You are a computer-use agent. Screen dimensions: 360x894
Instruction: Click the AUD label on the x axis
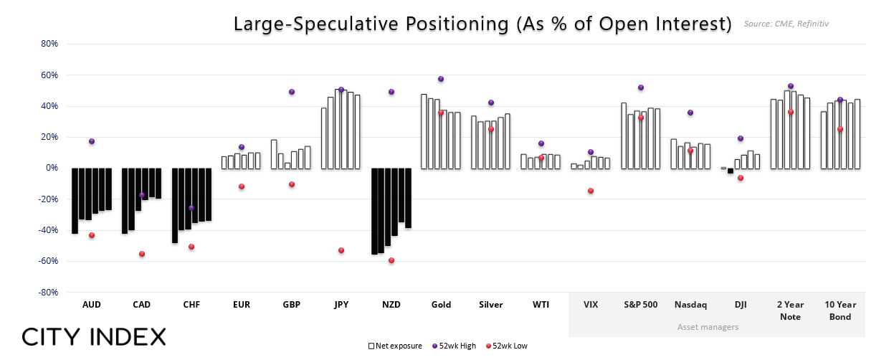(x=92, y=305)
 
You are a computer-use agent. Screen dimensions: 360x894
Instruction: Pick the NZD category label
(x=391, y=305)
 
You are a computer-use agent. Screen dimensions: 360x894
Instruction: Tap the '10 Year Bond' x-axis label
(x=840, y=311)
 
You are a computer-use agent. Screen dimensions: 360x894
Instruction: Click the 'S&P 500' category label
(x=640, y=305)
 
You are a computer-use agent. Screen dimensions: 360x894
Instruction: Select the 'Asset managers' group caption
(x=708, y=327)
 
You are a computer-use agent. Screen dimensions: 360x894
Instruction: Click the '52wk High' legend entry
(x=455, y=346)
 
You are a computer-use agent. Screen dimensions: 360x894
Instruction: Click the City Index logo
(x=94, y=336)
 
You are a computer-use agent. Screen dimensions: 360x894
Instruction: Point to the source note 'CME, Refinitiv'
(x=786, y=24)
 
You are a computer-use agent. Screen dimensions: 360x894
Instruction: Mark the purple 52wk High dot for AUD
(x=92, y=141)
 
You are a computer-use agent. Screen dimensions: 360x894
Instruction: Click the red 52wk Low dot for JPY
(x=341, y=250)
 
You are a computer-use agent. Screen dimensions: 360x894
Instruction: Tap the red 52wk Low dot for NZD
(x=391, y=260)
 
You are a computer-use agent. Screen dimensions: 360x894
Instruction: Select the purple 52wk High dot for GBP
(x=292, y=92)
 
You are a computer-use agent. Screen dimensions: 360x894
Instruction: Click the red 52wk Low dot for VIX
(x=591, y=191)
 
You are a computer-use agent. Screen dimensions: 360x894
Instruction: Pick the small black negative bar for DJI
(x=731, y=171)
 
